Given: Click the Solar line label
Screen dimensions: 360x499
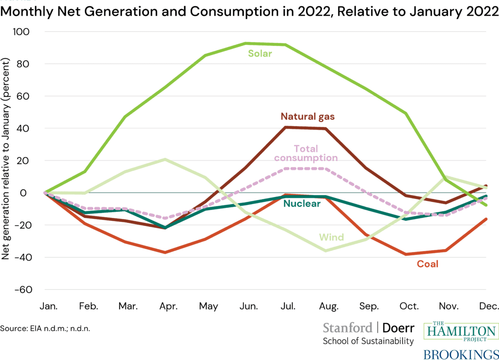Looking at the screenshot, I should point(259,54).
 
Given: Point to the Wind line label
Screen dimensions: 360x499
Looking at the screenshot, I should point(331,238).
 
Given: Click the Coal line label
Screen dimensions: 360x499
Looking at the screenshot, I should point(427,264).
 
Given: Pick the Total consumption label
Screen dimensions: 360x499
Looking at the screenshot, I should point(306,153).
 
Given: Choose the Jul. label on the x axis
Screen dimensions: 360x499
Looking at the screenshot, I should point(288,306).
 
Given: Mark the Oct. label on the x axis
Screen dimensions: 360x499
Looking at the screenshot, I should point(409,306).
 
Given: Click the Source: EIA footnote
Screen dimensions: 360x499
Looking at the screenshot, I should point(45,328).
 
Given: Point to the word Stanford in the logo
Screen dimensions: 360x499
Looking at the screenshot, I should point(347,327).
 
